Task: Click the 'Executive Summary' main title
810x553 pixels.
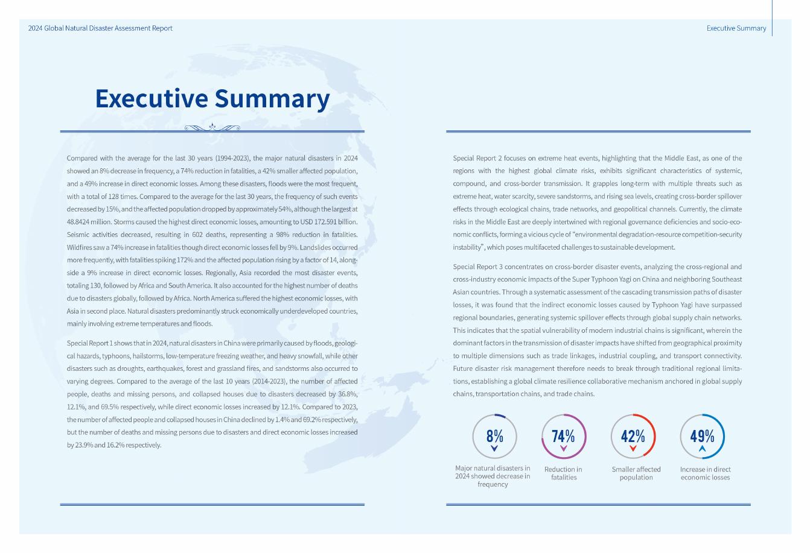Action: point(212,99)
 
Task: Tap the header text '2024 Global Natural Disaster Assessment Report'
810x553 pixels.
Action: point(100,28)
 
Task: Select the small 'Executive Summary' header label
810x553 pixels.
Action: point(736,28)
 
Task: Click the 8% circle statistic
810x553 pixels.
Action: point(494,436)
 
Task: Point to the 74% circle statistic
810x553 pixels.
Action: point(563,436)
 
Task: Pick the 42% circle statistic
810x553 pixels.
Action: point(633,436)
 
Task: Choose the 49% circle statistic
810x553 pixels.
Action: point(702,436)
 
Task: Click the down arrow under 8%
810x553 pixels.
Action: point(494,449)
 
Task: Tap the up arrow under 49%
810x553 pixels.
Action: point(702,449)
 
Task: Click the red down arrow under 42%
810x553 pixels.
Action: point(633,449)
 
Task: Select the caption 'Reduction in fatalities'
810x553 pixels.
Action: point(563,473)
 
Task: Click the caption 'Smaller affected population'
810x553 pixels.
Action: point(636,473)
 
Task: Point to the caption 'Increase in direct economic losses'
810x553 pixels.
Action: point(705,473)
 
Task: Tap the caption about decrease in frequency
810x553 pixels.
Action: point(493,476)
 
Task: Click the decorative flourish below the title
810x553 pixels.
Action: point(212,127)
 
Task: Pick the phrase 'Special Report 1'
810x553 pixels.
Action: point(91,343)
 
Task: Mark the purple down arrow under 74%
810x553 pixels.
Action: point(563,449)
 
